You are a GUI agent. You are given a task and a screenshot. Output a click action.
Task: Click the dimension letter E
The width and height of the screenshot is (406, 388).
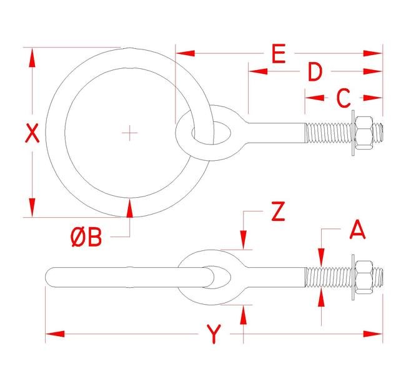pos(279,54)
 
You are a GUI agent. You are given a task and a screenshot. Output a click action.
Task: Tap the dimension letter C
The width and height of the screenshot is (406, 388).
pos(343,98)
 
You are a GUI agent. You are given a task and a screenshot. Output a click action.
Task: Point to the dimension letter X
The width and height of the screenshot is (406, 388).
pos(32,133)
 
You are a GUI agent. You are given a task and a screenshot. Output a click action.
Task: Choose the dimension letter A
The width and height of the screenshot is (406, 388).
pos(357,230)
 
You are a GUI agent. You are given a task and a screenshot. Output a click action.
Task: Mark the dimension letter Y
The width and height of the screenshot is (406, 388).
pos(214,335)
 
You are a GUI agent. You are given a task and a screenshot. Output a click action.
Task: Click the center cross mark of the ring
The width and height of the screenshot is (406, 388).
pos(129,133)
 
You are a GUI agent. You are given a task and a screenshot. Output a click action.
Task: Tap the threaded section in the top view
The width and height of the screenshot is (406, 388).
pos(328,133)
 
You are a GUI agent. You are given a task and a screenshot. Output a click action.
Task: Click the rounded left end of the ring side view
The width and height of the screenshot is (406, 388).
pos(50,276)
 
